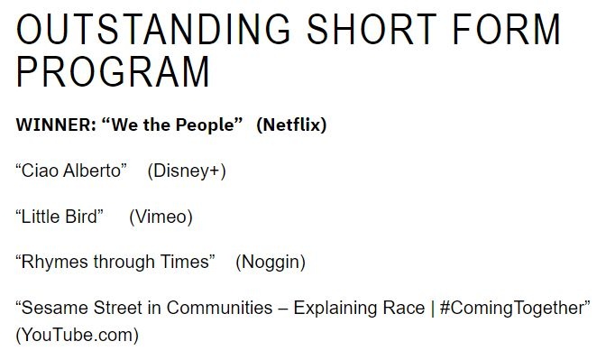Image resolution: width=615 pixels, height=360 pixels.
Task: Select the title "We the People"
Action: click(174, 125)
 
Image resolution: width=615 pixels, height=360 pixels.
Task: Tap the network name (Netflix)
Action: click(291, 125)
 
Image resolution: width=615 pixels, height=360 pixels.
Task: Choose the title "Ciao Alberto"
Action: click(71, 171)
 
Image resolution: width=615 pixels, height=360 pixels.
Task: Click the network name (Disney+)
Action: click(187, 171)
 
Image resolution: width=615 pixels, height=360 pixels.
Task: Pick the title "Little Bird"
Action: click(60, 217)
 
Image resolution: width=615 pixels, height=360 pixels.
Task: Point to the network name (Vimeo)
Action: click(161, 217)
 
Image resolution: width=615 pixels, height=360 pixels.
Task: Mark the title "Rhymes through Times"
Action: click(115, 263)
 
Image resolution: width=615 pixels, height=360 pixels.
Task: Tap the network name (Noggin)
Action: click(271, 263)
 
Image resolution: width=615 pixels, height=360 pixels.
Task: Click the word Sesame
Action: click(52, 309)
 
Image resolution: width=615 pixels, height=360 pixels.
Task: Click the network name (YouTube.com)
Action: click(78, 336)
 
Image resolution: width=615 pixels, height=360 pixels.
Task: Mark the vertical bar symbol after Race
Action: click(433, 309)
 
